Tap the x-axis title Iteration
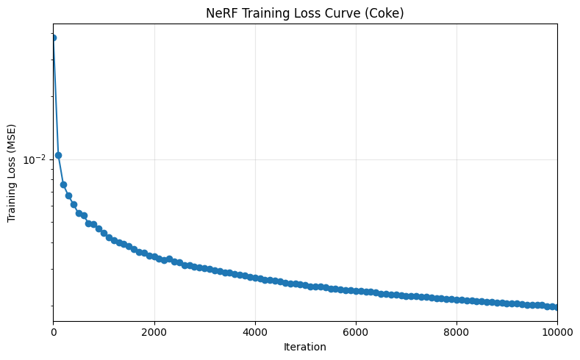tap(305, 347)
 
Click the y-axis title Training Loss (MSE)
tap(12, 173)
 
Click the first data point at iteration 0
tap(54, 37)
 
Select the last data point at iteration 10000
tap(556, 307)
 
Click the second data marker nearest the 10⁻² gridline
tap(59, 155)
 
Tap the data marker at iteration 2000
tap(154, 256)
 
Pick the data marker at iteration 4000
tap(255, 278)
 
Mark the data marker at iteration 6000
tap(356, 291)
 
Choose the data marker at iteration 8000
tap(457, 300)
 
